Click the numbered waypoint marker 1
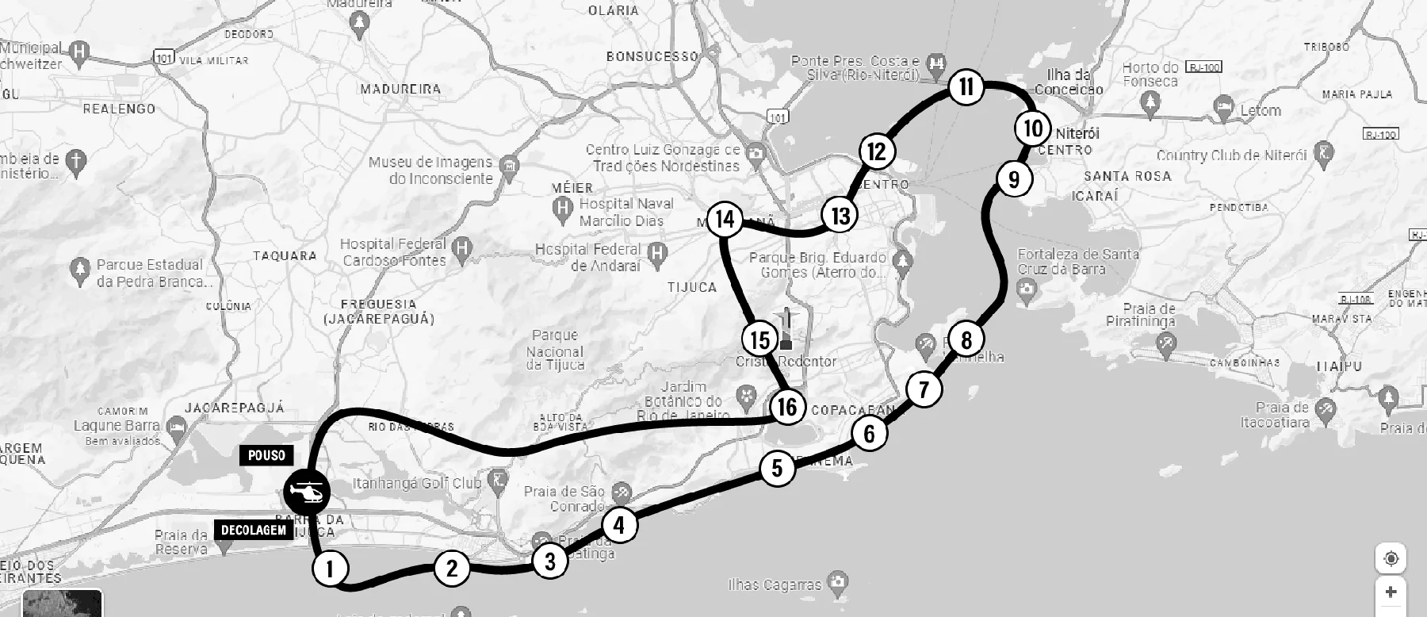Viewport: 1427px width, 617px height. (331, 568)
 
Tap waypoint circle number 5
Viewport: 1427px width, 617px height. (777, 468)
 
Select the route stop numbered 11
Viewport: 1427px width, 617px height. (966, 86)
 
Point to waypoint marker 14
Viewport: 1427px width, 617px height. (725, 218)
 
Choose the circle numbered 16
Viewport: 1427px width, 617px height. (787, 407)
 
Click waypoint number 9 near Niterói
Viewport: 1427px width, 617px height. (1014, 179)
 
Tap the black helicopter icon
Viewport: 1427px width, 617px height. (307, 493)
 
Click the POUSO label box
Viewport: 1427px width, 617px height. (266, 455)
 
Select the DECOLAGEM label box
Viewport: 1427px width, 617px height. (254, 530)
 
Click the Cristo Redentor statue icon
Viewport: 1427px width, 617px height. (786, 329)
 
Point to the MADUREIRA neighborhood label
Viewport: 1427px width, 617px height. (400, 89)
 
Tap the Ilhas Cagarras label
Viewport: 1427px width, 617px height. (775, 585)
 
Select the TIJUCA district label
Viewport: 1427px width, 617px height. (692, 287)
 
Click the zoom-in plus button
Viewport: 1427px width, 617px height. (1391, 592)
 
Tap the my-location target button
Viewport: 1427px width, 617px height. (1391, 558)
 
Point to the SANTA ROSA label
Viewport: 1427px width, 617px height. (1127, 176)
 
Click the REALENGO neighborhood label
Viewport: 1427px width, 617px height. (119, 109)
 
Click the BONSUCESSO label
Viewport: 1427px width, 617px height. (652, 56)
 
